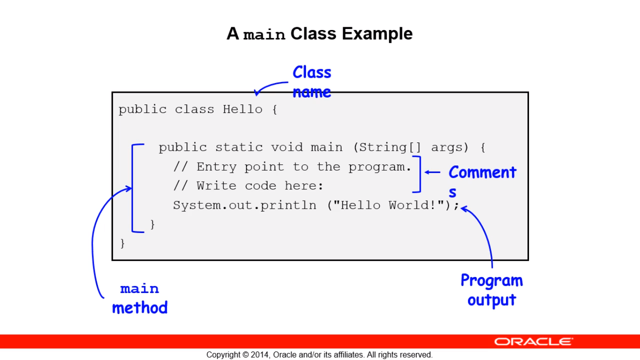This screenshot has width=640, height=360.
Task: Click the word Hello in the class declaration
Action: tap(242, 109)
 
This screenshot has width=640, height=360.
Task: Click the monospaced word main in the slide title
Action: tap(264, 35)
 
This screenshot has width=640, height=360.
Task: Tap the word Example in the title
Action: tap(377, 34)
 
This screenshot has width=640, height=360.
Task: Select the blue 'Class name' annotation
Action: tap(312, 82)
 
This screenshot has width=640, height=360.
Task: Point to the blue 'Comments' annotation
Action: tap(482, 181)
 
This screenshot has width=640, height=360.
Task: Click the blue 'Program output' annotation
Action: tap(492, 290)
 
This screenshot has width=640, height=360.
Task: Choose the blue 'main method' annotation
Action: tap(140, 299)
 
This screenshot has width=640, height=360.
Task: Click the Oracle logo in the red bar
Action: tap(534, 342)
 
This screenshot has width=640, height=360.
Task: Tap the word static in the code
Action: tap(239, 148)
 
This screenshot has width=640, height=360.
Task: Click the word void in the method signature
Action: tap(287, 148)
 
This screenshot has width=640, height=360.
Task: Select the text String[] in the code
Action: tap(390, 148)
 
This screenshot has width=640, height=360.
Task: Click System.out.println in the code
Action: tap(245, 205)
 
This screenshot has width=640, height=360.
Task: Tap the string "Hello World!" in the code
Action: tap(388, 205)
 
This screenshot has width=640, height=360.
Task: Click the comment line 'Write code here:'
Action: tap(260, 186)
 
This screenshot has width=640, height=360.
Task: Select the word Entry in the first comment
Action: tap(216, 167)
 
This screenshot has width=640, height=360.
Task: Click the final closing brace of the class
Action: tap(123, 244)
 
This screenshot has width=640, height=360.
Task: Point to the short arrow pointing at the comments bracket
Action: tap(432, 172)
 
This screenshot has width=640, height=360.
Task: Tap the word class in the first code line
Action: tap(194, 109)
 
